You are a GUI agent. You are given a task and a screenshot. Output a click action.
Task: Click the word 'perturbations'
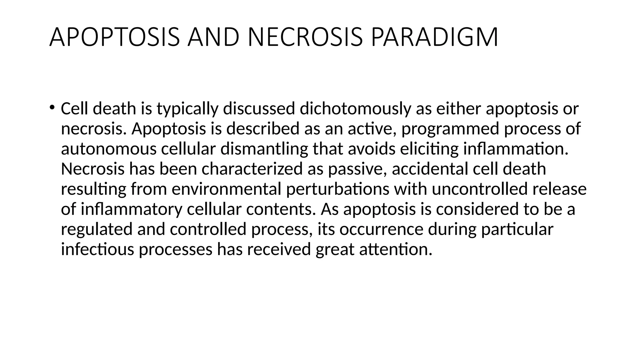[337, 189]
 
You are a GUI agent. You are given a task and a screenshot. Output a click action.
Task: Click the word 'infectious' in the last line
[97, 249]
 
